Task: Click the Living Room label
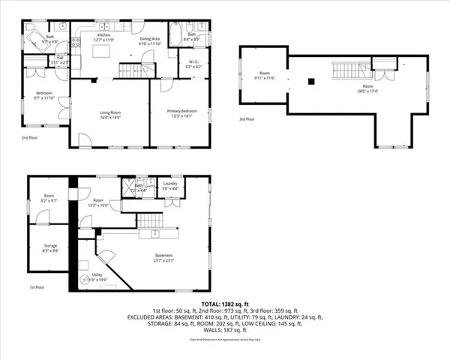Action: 110,112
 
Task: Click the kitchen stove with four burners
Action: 76,45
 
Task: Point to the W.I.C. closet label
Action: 193,63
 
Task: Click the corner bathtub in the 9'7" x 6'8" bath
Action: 34,38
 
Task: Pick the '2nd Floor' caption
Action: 29,138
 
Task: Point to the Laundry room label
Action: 169,184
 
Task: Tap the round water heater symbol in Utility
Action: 85,280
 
